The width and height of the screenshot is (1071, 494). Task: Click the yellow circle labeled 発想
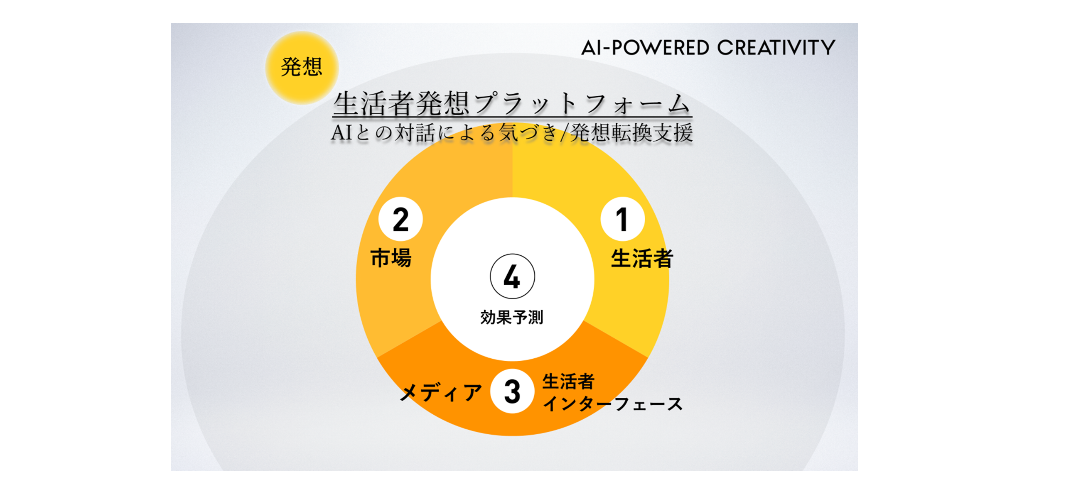tap(302, 67)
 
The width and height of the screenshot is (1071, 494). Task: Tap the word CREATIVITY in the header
tap(776, 47)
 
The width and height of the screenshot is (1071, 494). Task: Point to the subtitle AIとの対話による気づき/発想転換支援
tap(512, 133)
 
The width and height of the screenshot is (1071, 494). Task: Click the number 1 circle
tap(622, 219)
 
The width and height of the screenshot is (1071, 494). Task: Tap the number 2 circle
tap(400, 219)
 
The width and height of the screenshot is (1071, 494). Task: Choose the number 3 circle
tap(512, 391)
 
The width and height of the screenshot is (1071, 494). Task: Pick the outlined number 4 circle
tap(512, 276)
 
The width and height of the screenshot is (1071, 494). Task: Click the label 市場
tap(391, 258)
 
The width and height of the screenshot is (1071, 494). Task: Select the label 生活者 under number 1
tap(642, 258)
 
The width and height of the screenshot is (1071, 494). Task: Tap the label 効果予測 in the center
tap(512, 318)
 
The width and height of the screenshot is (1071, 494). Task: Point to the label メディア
tap(441, 392)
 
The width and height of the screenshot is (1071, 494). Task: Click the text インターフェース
tap(612, 404)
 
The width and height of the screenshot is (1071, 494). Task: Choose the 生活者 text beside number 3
tap(568, 382)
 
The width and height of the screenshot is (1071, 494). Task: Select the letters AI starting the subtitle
tap(342, 133)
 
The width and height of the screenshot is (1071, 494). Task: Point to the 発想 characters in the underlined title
tap(443, 104)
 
